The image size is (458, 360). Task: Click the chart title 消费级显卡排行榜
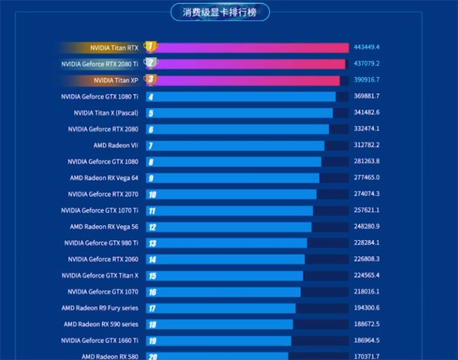tap(220, 12)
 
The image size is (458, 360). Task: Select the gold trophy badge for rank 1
tap(150, 47)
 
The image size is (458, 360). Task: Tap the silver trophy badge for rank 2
tap(150, 64)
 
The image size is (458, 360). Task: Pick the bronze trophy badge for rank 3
tap(150, 80)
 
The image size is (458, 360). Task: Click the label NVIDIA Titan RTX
tap(114, 48)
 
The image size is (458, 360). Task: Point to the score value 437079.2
tap(367, 64)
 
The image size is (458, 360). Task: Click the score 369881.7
tap(367, 96)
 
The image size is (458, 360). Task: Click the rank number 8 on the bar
tap(151, 162)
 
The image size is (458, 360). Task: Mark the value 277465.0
tap(367, 178)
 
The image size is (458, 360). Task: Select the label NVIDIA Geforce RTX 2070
tap(103, 194)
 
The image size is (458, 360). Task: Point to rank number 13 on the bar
tap(152, 243)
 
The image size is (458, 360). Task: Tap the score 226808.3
tap(367, 259)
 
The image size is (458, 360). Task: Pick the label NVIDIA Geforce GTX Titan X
tap(99, 276)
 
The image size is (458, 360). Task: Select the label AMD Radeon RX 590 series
tap(101, 324)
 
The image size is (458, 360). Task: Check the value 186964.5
tap(367, 340)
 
